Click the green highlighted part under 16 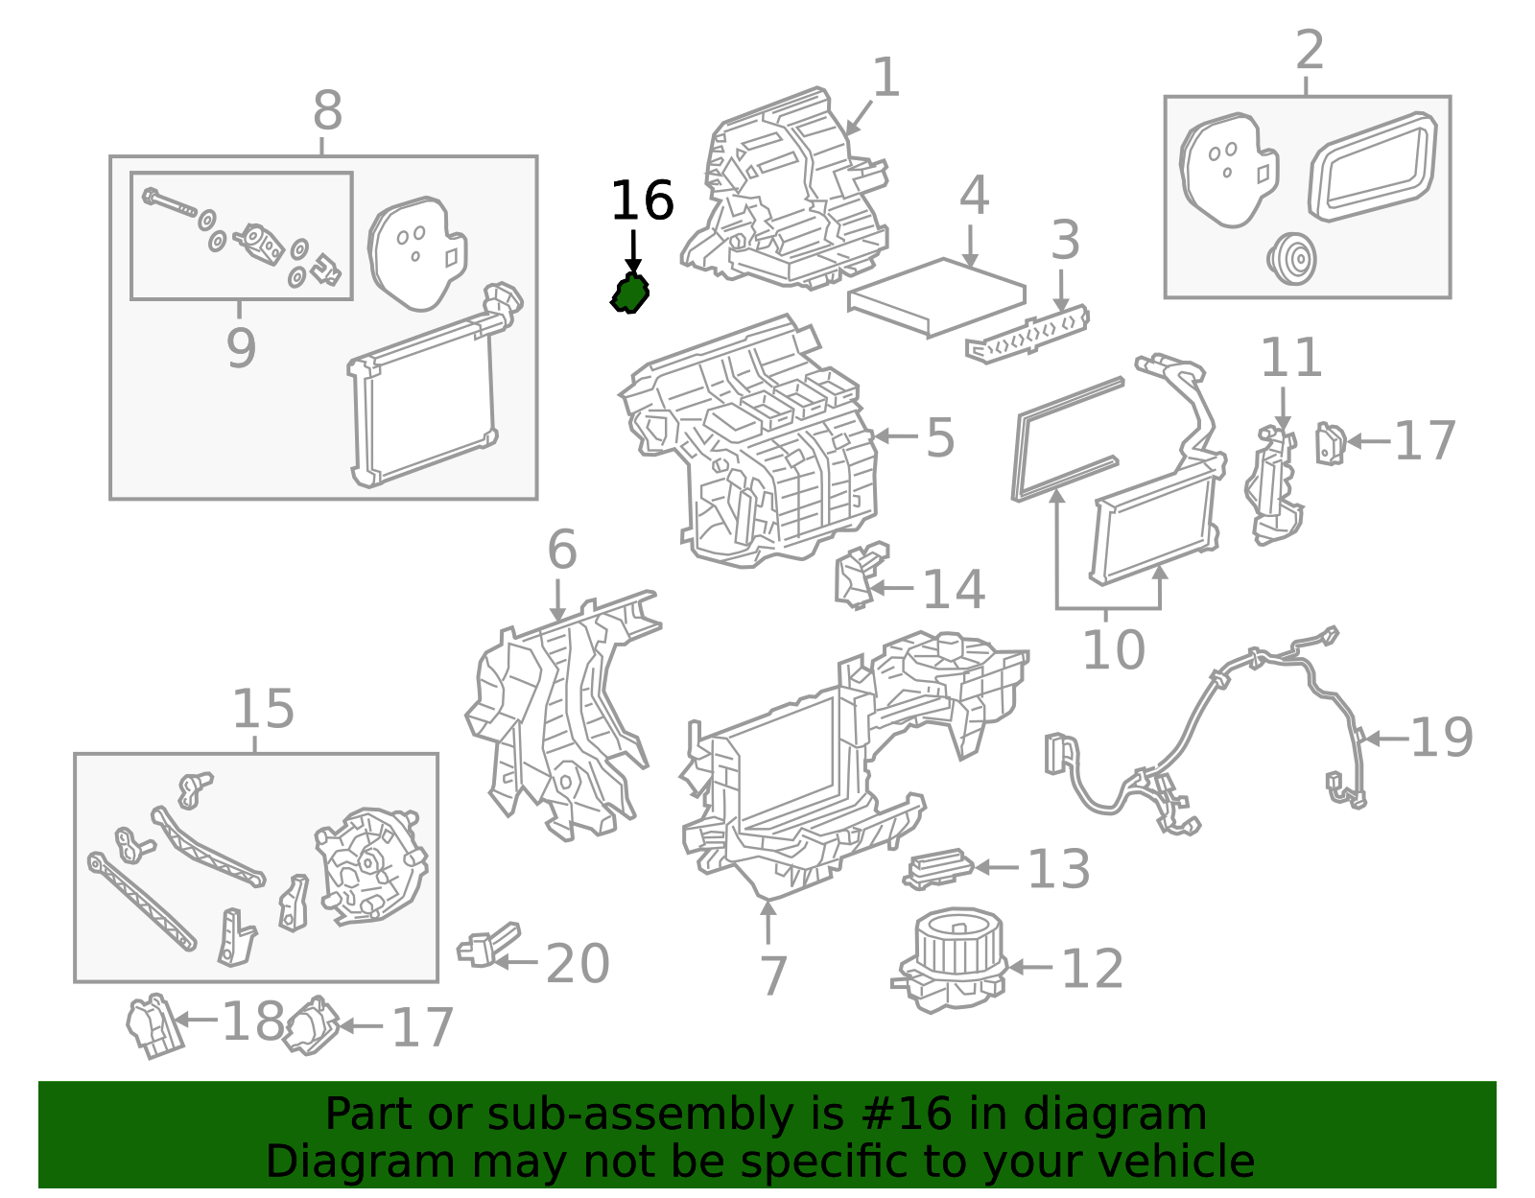tap(630, 294)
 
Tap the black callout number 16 tap(642, 201)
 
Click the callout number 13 tap(1058, 869)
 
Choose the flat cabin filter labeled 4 tap(937, 296)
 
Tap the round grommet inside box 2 tap(1291, 258)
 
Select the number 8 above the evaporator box tap(327, 112)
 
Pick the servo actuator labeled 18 tap(153, 1025)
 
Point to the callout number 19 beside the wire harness tap(1441, 738)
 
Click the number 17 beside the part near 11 tap(1424, 441)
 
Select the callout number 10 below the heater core tap(1113, 650)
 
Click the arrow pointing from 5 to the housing tap(897, 436)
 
